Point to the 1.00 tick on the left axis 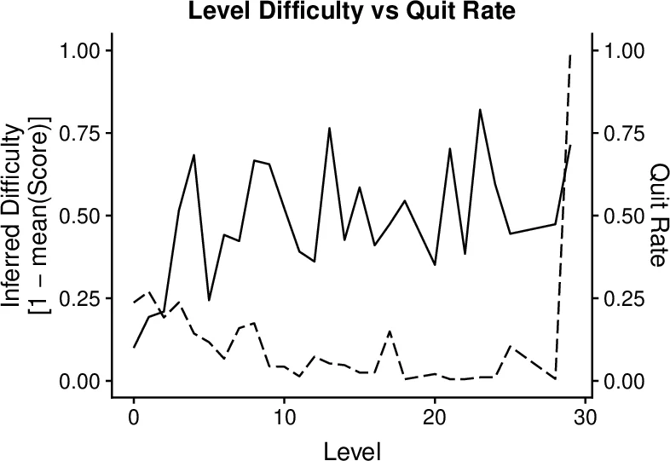click(79, 51)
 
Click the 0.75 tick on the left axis click(79, 134)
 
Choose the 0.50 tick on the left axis click(79, 216)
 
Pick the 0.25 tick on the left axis click(79, 298)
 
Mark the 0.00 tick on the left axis click(79, 381)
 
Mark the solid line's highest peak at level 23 click(480, 110)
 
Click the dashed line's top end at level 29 click(570, 55)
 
